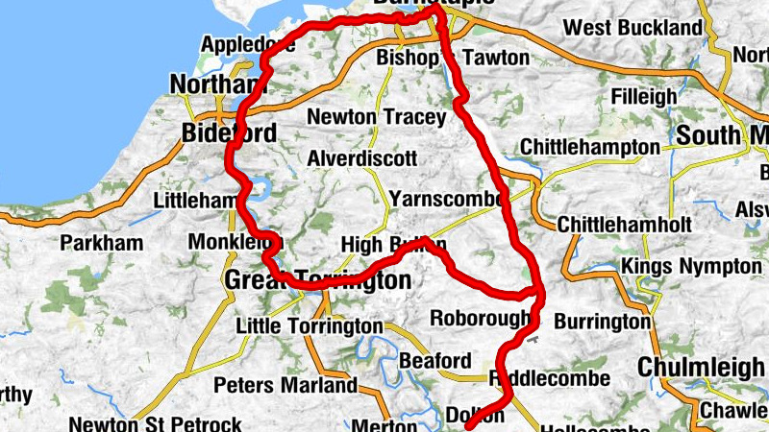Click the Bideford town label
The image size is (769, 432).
coord(229,132)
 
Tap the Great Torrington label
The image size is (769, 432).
coord(317,280)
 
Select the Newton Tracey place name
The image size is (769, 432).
coord(376,117)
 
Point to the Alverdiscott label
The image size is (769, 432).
coord(362,157)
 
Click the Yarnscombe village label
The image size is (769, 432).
coord(447,199)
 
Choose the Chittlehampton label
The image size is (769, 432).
coord(589,148)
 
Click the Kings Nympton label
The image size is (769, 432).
coord(691,265)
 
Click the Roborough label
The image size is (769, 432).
coord(480,318)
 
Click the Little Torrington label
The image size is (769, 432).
coord(301,326)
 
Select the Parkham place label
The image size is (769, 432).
coord(101,244)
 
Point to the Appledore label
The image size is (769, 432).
coord(249,45)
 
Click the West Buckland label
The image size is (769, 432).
coord(633,28)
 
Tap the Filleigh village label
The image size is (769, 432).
coord(643,97)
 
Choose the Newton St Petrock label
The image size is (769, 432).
coord(155,423)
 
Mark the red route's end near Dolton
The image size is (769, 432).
coord(469,427)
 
